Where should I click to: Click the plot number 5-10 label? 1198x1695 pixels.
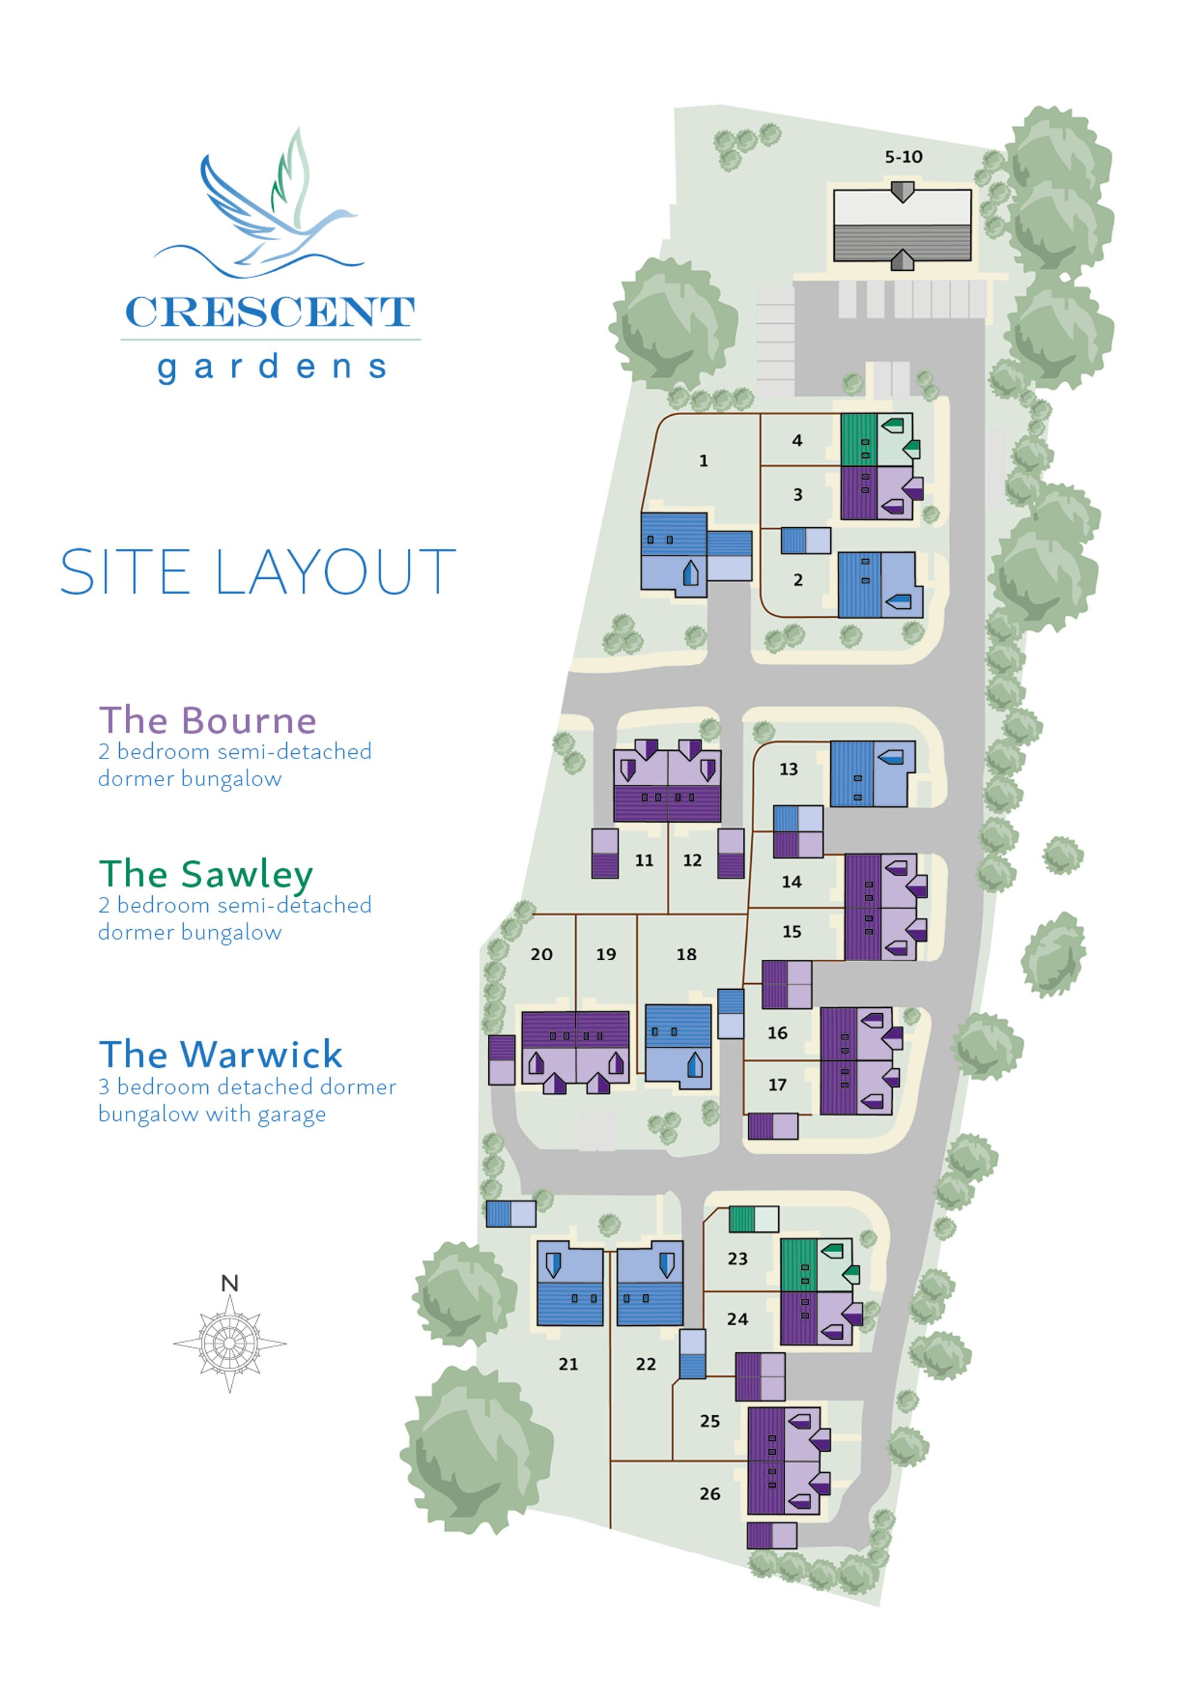(903, 156)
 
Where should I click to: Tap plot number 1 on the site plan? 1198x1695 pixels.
(703, 461)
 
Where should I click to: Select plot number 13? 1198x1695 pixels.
(788, 769)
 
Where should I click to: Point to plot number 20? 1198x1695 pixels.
(541, 954)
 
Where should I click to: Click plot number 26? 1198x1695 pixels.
(709, 1494)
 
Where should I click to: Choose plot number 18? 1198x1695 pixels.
(686, 954)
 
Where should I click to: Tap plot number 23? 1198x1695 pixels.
(737, 1259)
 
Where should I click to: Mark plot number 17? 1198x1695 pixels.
(778, 1084)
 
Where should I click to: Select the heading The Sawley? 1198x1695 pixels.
(206, 875)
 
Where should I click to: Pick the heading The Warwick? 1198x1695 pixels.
(220, 1055)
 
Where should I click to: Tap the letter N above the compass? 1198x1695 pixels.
(229, 1284)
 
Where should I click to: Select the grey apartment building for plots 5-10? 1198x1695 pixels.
(902, 225)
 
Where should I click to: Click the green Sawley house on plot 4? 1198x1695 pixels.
(877, 440)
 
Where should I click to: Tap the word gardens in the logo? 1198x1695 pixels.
(271, 367)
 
